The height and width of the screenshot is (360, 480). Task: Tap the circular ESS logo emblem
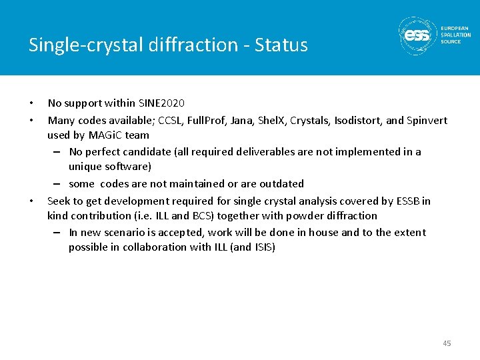pyautogui.click(x=418, y=35)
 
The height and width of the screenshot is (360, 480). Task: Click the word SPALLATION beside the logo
pyautogui.click(x=456, y=35)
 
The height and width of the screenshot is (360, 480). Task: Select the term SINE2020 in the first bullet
pyautogui.click(x=161, y=103)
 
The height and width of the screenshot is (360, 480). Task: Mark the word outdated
pyautogui.click(x=281, y=184)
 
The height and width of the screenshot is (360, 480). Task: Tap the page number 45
pyautogui.click(x=446, y=343)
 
